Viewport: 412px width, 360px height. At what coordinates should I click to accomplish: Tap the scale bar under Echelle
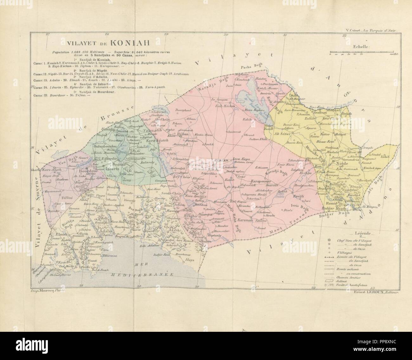[x=361, y=52]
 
